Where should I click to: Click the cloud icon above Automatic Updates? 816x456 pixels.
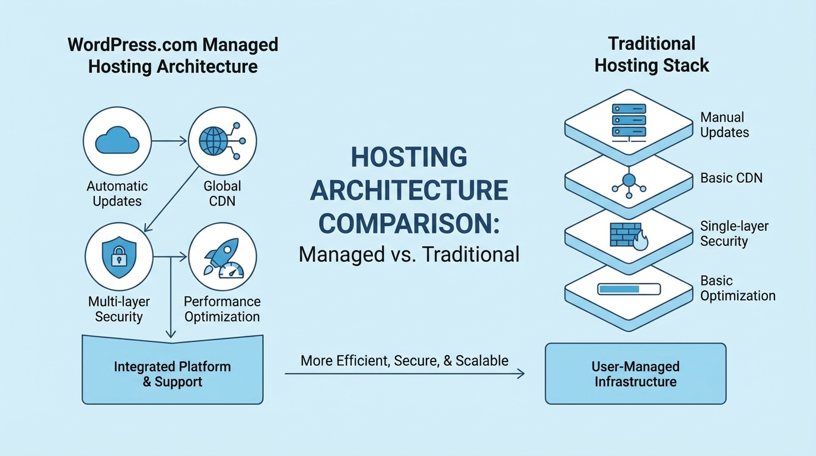117,141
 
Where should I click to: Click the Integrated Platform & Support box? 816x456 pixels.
172,374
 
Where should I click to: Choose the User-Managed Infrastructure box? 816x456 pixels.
635,374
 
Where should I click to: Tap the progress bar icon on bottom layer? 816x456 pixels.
629,289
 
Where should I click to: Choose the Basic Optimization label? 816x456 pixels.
737,288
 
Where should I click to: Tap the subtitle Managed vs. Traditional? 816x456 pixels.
409,254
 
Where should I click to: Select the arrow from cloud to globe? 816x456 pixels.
169,141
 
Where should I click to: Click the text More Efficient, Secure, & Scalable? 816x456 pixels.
404,360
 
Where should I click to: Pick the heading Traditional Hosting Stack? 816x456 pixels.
652,54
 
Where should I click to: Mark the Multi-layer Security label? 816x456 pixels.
119,309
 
